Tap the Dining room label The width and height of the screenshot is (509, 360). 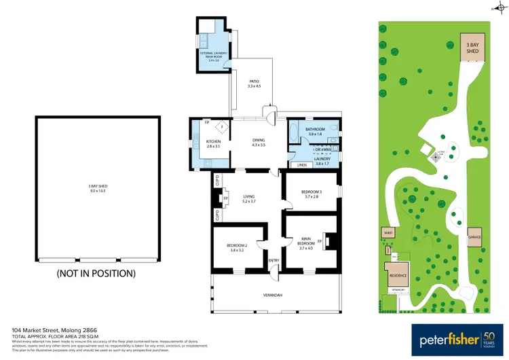257,142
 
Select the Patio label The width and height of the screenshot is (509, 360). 254,84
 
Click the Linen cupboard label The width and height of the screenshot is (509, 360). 301,164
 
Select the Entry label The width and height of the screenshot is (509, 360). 274,260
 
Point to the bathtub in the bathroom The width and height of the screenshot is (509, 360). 293,130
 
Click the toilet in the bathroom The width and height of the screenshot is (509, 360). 337,129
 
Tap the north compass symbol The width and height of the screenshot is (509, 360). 494,9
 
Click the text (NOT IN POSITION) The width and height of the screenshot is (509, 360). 96,274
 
